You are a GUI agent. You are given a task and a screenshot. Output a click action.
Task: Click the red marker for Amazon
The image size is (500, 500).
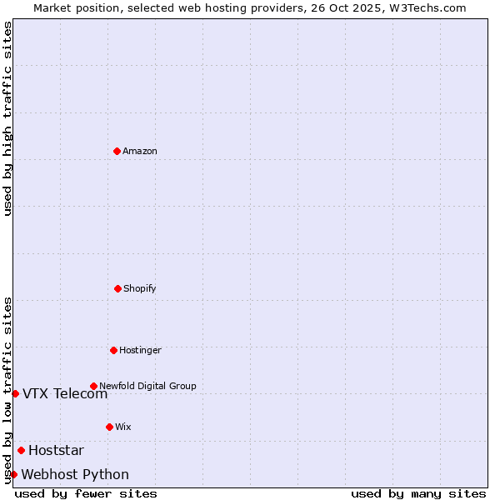117,151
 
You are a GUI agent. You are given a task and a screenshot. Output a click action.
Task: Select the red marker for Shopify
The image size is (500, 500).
117,288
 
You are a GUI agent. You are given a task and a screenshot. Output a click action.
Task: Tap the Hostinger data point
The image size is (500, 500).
113,350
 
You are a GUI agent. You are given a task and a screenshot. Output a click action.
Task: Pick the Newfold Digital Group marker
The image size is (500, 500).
93,386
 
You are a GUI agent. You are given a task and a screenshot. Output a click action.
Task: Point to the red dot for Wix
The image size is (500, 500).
109,427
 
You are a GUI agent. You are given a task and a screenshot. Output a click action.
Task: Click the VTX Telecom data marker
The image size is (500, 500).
15,393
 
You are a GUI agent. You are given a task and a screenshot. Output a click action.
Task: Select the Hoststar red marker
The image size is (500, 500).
21,450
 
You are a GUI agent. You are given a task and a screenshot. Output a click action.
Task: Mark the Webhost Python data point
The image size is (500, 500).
13,474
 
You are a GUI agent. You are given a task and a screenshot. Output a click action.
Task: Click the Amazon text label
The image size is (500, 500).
140,152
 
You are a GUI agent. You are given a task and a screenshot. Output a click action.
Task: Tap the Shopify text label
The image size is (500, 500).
140,289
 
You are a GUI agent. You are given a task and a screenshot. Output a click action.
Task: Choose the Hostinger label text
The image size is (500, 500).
140,351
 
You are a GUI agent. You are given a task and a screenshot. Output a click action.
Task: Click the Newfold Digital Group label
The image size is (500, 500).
147,387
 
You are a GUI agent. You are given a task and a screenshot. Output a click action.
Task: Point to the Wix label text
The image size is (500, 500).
123,427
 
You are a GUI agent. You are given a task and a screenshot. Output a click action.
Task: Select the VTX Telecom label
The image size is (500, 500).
65,394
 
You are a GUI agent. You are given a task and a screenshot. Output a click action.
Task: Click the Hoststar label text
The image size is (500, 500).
56,451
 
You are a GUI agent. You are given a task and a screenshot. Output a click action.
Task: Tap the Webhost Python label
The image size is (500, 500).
75,475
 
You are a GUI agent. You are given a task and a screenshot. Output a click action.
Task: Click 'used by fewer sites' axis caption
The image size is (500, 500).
86,493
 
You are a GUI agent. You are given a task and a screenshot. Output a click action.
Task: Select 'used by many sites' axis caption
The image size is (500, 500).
418,493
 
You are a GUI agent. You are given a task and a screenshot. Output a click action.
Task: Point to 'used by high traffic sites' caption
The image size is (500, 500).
7,118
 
